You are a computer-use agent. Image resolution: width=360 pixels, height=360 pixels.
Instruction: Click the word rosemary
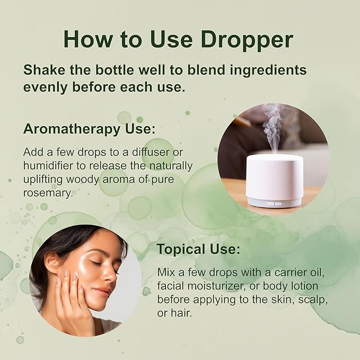pos(47,194)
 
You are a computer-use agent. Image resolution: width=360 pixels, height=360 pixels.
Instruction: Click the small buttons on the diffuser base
pos(274,203)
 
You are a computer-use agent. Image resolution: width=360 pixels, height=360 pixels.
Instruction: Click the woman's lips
pos(104,292)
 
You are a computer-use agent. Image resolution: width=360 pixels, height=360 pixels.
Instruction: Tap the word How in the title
pos(86,39)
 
